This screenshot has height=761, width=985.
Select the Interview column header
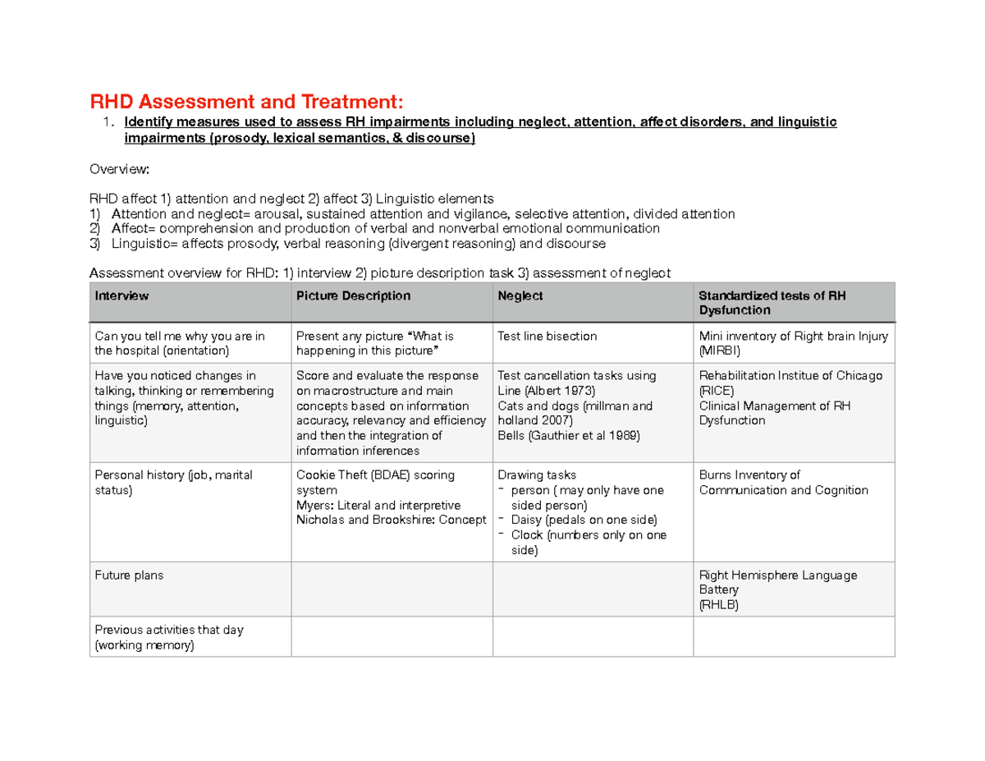(x=122, y=296)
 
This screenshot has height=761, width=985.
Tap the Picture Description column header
(x=353, y=296)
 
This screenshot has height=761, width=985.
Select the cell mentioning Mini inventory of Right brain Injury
(x=792, y=343)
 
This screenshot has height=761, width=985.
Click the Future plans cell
(x=129, y=575)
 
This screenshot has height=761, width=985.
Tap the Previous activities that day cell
(x=169, y=638)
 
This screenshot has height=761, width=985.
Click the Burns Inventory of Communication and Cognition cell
(x=783, y=483)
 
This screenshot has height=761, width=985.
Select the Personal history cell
(x=174, y=483)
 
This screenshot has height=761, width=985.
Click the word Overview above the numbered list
(x=119, y=169)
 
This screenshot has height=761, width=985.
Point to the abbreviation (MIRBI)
(x=719, y=351)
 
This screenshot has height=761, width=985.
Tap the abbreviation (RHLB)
(x=718, y=605)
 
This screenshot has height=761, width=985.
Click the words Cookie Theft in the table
(x=329, y=475)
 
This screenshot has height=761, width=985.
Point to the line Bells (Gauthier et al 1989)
(x=569, y=435)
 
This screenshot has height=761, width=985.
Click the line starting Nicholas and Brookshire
(x=391, y=520)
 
